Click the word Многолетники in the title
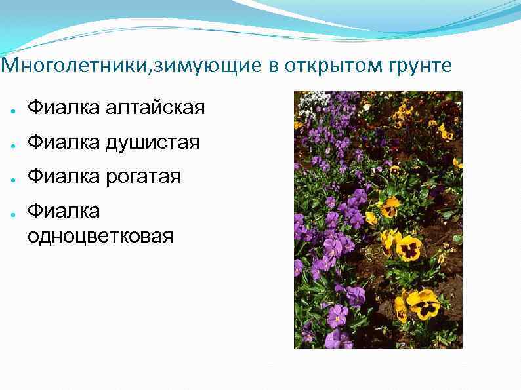[75, 66]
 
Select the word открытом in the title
[319, 66]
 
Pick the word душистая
[152, 142]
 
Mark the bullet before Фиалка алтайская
[13, 108]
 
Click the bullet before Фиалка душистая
[13, 144]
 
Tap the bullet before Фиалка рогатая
[13, 178]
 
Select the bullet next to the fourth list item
[13, 212]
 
